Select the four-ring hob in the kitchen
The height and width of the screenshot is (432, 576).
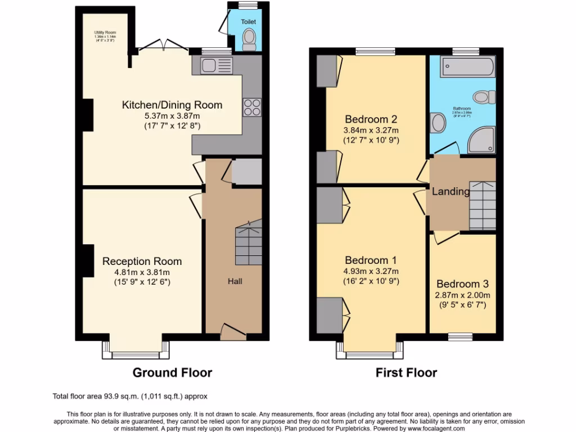pos(251,107)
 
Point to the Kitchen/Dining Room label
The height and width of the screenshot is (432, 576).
pos(172,105)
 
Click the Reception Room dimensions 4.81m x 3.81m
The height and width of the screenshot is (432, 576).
pos(142,272)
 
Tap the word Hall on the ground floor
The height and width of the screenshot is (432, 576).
pos(235,281)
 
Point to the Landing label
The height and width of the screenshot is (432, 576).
pos(451,192)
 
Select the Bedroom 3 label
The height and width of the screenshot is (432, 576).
pos(463,284)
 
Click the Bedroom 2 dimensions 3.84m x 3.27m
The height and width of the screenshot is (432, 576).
pos(371,130)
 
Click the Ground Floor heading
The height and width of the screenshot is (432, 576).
pos(172,372)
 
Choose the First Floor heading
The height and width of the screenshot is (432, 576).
pos(406,372)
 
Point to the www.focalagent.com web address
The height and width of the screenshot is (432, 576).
pos(433,428)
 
